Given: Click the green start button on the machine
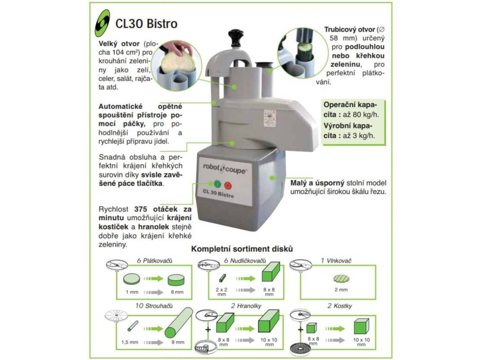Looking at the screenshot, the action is [216, 184].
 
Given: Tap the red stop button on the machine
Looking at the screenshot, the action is [228, 184].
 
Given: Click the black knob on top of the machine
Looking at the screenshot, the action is [234, 37].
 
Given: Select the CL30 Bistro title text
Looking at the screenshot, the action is [146, 23].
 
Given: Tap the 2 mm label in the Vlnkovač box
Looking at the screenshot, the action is [341, 290].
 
